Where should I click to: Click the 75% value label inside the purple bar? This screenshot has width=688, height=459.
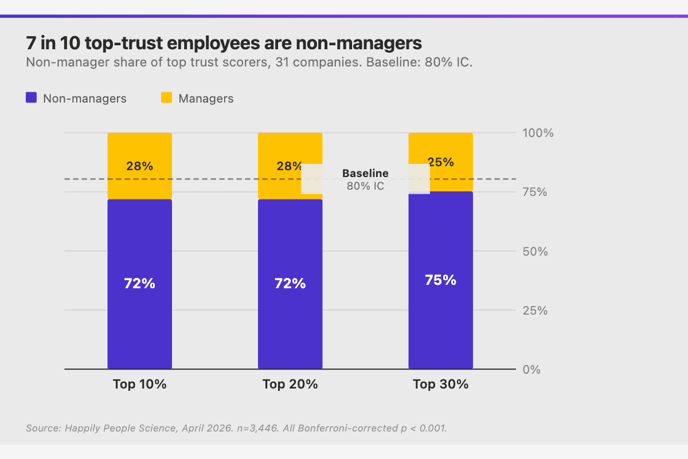440,280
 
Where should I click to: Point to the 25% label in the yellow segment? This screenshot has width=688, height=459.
440,162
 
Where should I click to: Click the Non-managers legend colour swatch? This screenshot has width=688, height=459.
32,98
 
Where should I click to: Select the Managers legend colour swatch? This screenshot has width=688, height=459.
166,98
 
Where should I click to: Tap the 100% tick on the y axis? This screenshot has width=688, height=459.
537,133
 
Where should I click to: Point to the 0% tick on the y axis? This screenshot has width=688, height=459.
533,370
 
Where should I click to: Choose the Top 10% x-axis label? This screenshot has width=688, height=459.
139,385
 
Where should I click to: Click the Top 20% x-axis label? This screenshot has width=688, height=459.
290,385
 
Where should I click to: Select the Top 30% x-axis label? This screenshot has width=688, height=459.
440,385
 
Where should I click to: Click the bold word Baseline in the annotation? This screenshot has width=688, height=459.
365,173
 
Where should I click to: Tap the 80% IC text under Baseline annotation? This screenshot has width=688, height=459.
365,186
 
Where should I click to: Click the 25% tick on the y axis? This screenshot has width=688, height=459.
535,311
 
